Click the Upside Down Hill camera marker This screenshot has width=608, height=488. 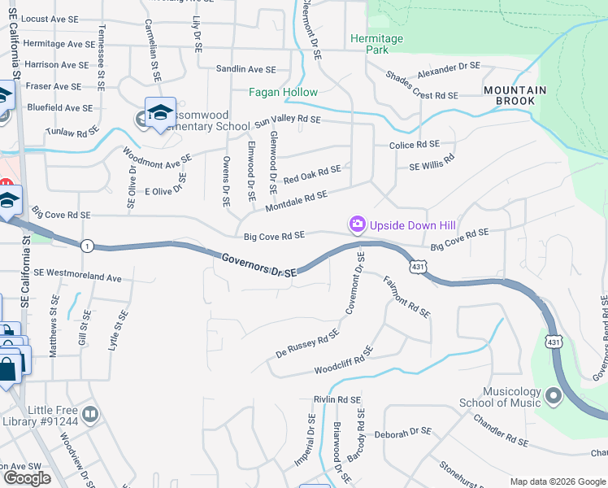pos(357,224)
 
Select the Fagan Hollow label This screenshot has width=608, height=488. pos(283,93)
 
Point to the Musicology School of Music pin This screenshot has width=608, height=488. pos(554,397)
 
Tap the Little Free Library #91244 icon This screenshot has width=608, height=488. pos(90,415)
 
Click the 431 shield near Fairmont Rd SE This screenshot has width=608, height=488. pos(418,266)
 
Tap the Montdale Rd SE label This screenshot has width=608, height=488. pos(296,199)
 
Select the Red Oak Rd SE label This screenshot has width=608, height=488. pos(312,172)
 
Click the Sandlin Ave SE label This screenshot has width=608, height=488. pos(245,70)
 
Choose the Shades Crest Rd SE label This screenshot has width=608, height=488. pos(423,95)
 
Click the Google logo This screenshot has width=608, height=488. pos(27,478)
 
